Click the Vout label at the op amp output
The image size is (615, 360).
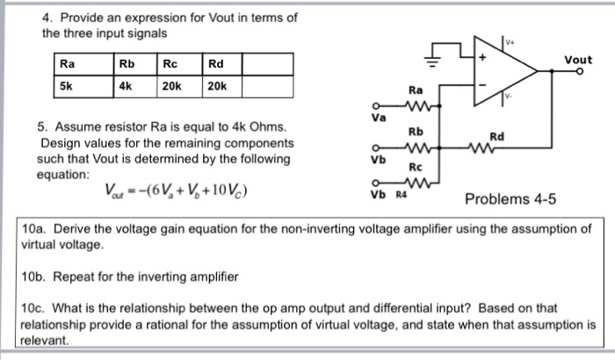pos(578,60)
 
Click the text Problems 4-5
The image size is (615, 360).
pos(506,199)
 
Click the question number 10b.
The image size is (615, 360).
pos(35,277)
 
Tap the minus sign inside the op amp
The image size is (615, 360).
pos(481,84)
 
